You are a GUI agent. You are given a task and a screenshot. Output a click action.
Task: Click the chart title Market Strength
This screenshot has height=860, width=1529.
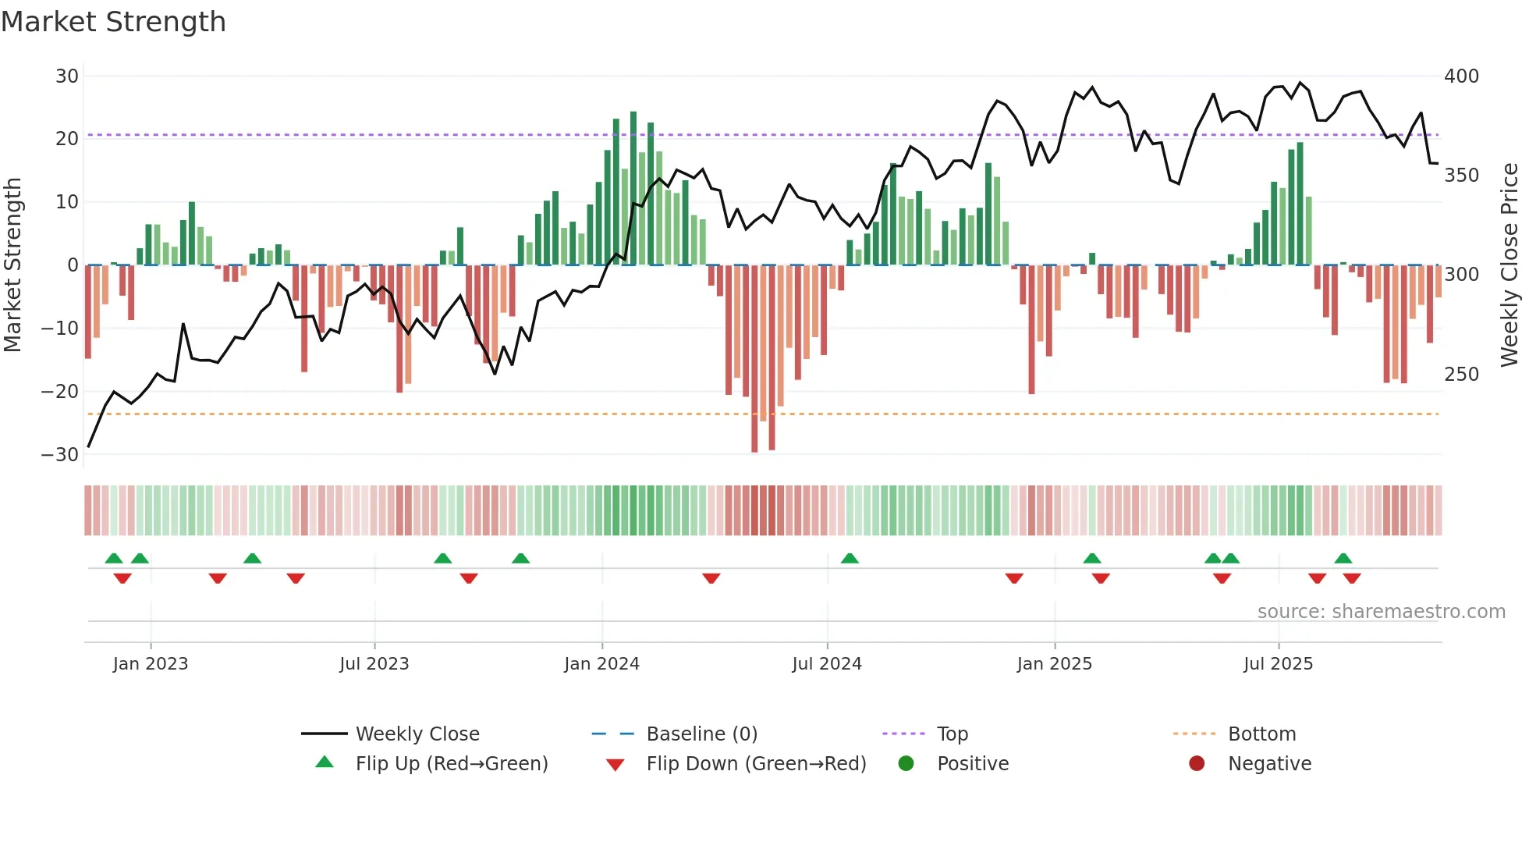click(x=113, y=22)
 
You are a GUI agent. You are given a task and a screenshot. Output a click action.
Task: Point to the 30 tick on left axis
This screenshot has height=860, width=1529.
click(x=67, y=76)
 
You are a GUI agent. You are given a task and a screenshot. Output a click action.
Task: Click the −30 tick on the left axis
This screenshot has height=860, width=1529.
click(x=60, y=455)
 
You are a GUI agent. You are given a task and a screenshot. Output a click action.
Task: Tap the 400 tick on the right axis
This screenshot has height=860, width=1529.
click(x=1461, y=76)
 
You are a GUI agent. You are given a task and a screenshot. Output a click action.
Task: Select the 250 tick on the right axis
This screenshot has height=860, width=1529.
click(x=1461, y=375)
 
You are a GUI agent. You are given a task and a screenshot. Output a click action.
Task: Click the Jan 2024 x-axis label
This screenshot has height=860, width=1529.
click(x=601, y=664)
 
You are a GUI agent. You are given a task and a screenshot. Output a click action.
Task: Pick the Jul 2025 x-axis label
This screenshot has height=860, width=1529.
click(x=1278, y=664)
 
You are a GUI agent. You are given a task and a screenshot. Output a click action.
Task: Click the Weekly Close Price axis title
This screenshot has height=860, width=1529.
click(x=1509, y=265)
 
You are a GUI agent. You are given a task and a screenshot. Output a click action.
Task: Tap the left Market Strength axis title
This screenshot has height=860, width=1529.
click(x=13, y=265)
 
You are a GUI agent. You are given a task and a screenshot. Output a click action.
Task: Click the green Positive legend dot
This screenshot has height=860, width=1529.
click(x=906, y=764)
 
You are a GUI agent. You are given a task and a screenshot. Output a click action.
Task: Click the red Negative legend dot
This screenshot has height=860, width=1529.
click(x=1197, y=764)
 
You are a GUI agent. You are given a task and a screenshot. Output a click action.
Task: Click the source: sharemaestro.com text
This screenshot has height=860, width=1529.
click(x=1381, y=612)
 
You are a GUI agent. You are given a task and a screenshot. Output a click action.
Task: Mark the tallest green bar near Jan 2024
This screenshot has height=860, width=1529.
click(x=633, y=187)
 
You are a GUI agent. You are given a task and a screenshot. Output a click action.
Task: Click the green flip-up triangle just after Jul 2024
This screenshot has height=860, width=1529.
click(x=850, y=558)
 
